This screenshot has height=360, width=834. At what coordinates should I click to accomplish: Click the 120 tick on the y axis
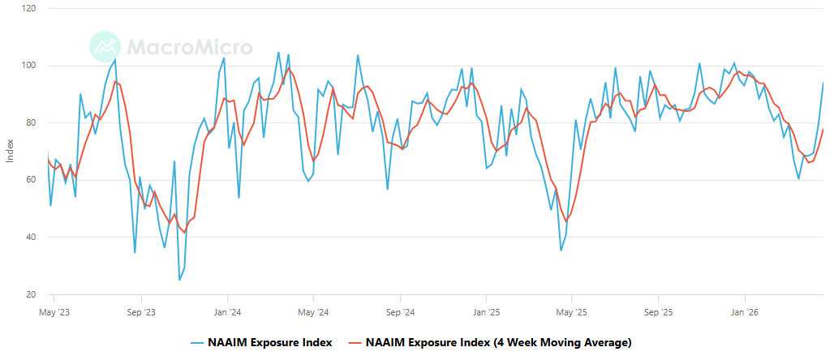point(29,8)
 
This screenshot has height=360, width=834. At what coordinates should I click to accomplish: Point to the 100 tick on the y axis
point(29,66)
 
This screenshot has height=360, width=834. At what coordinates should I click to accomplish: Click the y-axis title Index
point(10,151)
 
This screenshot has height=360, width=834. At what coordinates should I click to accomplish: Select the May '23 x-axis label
point(54,311)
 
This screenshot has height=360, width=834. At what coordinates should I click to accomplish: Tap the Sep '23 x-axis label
point(141,311)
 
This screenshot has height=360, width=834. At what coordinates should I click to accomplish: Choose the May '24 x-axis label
point(313,311)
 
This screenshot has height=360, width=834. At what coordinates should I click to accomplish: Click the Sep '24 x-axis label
point(400,311)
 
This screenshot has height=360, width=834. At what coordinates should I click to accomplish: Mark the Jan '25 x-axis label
point(486,311)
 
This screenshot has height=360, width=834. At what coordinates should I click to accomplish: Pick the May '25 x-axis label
point(572,311)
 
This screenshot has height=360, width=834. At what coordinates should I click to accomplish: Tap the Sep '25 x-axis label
point(659,311)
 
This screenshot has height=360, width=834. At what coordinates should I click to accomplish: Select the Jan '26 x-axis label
point(745,311)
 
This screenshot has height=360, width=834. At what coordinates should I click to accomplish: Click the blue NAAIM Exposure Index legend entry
point(261,342)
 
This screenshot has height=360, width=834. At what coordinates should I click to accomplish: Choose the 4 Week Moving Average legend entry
point(489,342)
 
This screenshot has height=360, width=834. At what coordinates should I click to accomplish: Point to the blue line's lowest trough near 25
point(179,280)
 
